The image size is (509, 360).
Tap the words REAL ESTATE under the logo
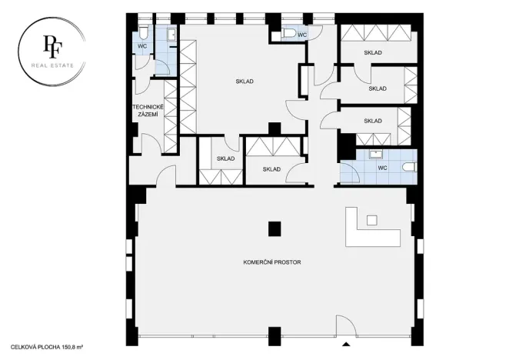click(53, 65)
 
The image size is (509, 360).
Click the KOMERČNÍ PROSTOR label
click(272, 263)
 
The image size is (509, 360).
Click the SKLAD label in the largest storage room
click(245, 81)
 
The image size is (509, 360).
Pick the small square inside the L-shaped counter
click(372, 220)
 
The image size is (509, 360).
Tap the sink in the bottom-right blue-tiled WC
click(377, 155)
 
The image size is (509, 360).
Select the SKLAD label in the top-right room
click(373, 52)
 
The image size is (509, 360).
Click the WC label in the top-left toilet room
click(142, 46)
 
